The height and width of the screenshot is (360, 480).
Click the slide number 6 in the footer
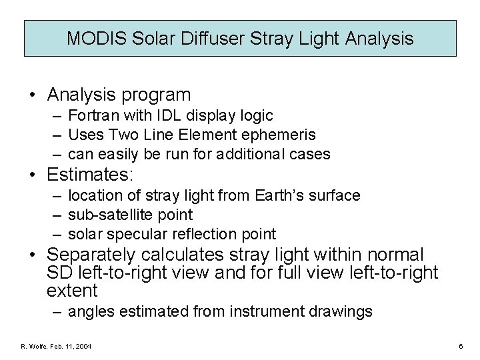(x=461, y=346)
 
